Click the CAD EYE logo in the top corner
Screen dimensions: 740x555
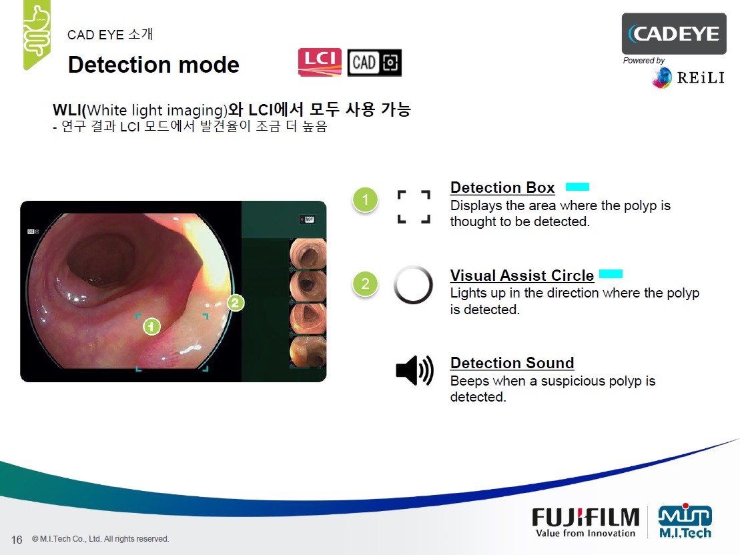[x=674, y=33]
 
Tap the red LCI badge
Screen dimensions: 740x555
[x=320, y=62]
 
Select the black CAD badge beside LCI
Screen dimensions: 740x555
[x=375, y=62]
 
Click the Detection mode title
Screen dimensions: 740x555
[x=154, y=65]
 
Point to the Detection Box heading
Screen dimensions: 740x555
[x=502, y=187]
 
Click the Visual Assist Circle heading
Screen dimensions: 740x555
[x=522, y=275]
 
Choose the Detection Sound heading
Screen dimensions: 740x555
[x=512, y=363]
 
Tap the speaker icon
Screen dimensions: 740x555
[x=414, y=370]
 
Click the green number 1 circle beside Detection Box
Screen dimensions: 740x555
[x=365, y=199]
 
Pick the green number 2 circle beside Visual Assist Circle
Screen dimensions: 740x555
[x=365, y=284]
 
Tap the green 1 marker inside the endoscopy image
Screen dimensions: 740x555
[x=151, y=326]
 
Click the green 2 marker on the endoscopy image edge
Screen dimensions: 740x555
[x=236, y=302]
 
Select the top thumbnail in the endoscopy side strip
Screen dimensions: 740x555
[x=308, y=253]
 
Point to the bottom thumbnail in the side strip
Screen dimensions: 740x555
[x=308, y=352]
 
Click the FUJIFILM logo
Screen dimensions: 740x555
[x=586, y=522]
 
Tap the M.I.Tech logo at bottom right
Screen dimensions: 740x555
[x=685, y=521]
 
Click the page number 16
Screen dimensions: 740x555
[x=17, y=540]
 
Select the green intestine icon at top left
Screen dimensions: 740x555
[x=37, y=34]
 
